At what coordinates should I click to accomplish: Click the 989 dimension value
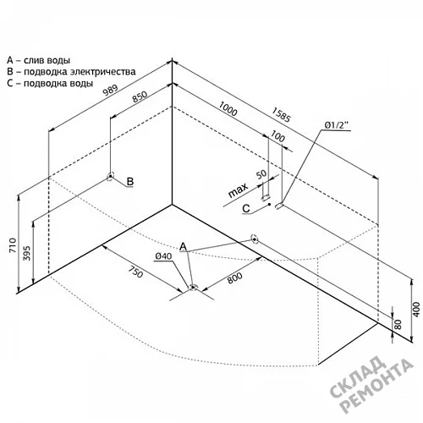coord(110,90)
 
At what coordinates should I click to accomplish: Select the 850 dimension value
coord(140,96)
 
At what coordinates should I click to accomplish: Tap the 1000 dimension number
coord(228,108)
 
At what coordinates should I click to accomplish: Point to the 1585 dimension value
coord(281,114)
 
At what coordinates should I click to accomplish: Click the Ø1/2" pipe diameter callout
coord(337,125)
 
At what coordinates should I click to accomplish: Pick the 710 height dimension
coord(14,245)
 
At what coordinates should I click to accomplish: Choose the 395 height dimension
coord(26,253)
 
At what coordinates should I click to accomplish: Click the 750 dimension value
coord(135,272)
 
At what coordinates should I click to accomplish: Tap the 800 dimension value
coord(234,278)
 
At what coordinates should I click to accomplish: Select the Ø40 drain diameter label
coord(163,256)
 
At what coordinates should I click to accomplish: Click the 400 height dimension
coord(416,310)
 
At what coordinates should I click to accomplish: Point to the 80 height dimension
coord(398,324)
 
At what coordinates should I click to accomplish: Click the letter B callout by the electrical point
coord(130,181)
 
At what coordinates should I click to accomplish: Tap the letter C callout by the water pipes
coord(246,208)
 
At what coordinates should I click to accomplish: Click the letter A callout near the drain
coord(184,246)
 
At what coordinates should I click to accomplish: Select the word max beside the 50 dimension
coord(238,190)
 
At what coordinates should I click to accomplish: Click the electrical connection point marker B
coord(110,177)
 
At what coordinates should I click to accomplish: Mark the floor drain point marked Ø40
coord(193,288)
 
